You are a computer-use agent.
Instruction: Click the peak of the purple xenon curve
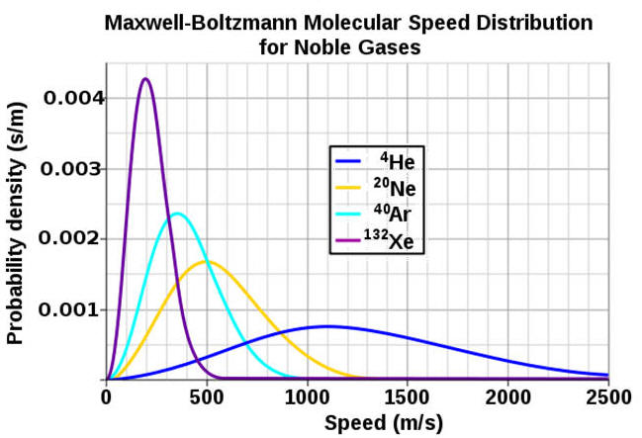click(145, 79)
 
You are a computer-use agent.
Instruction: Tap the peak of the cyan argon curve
click(177, 214)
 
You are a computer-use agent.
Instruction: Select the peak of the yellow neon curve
click(206, 262)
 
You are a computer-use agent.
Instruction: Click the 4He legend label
click(400, 161)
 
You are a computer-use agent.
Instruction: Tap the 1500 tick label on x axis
click(408, 396)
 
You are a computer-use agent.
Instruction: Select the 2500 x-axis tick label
click(607, 396)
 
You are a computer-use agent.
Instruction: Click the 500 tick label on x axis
click(206, 396)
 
